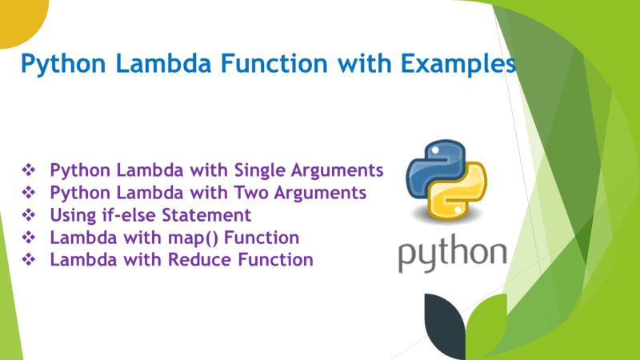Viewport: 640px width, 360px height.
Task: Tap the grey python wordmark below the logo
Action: [x=453, y=255]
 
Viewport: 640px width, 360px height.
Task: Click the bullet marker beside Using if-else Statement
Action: [x=30, y=215]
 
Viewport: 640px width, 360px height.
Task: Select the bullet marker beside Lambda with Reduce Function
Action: [x=30, y=260]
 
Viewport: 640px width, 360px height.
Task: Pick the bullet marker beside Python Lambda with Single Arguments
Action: [x=30, y=170]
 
